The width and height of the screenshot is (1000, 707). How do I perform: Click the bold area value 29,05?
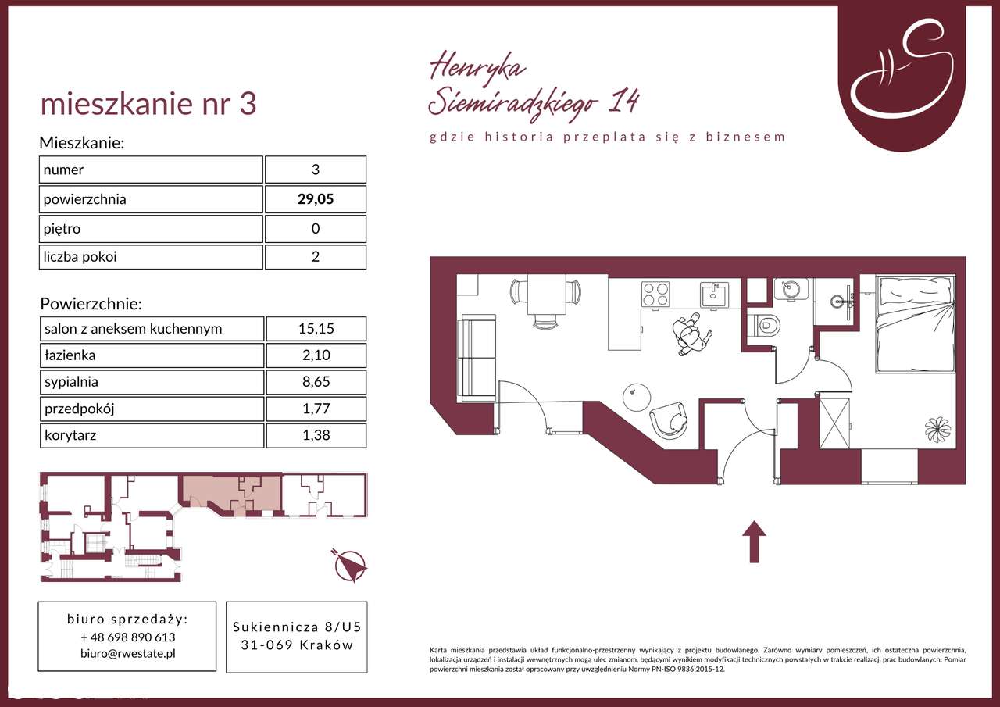tap(316, 199)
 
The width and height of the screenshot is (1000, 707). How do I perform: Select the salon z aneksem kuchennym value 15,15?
tap(316, 329)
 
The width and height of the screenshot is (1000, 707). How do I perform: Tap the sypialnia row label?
tap(71, 382)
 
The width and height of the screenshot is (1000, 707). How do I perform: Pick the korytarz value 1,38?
tap(316, 435)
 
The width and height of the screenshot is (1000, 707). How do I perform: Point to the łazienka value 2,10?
tap(316, 355)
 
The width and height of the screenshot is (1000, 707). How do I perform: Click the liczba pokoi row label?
tap(80, 257)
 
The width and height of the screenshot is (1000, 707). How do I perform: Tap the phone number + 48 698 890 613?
tap(127, 637)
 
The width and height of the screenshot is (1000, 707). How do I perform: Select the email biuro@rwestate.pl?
tap(127, 653)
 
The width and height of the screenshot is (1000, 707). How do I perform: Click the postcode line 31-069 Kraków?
tap(297, 645)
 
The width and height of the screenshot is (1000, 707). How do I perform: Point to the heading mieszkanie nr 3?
tap(148, 104)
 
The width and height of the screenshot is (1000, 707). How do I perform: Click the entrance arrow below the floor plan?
tap(754, 541)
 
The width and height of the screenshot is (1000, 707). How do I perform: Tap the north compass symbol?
tap(350, 566)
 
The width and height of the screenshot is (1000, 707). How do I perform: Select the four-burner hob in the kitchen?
tap(655, 295)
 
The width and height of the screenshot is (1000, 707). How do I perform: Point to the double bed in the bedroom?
tap(915, 323)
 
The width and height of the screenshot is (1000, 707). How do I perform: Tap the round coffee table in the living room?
tap(637, 397)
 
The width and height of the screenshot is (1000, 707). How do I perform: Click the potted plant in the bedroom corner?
tap(937, 430)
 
